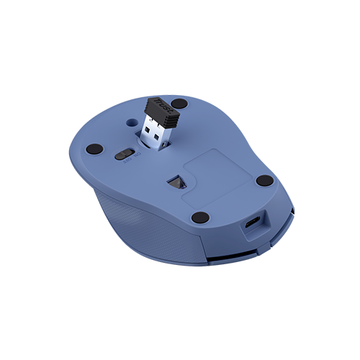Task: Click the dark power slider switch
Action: (124, 154)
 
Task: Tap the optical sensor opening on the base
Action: (174, 183)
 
